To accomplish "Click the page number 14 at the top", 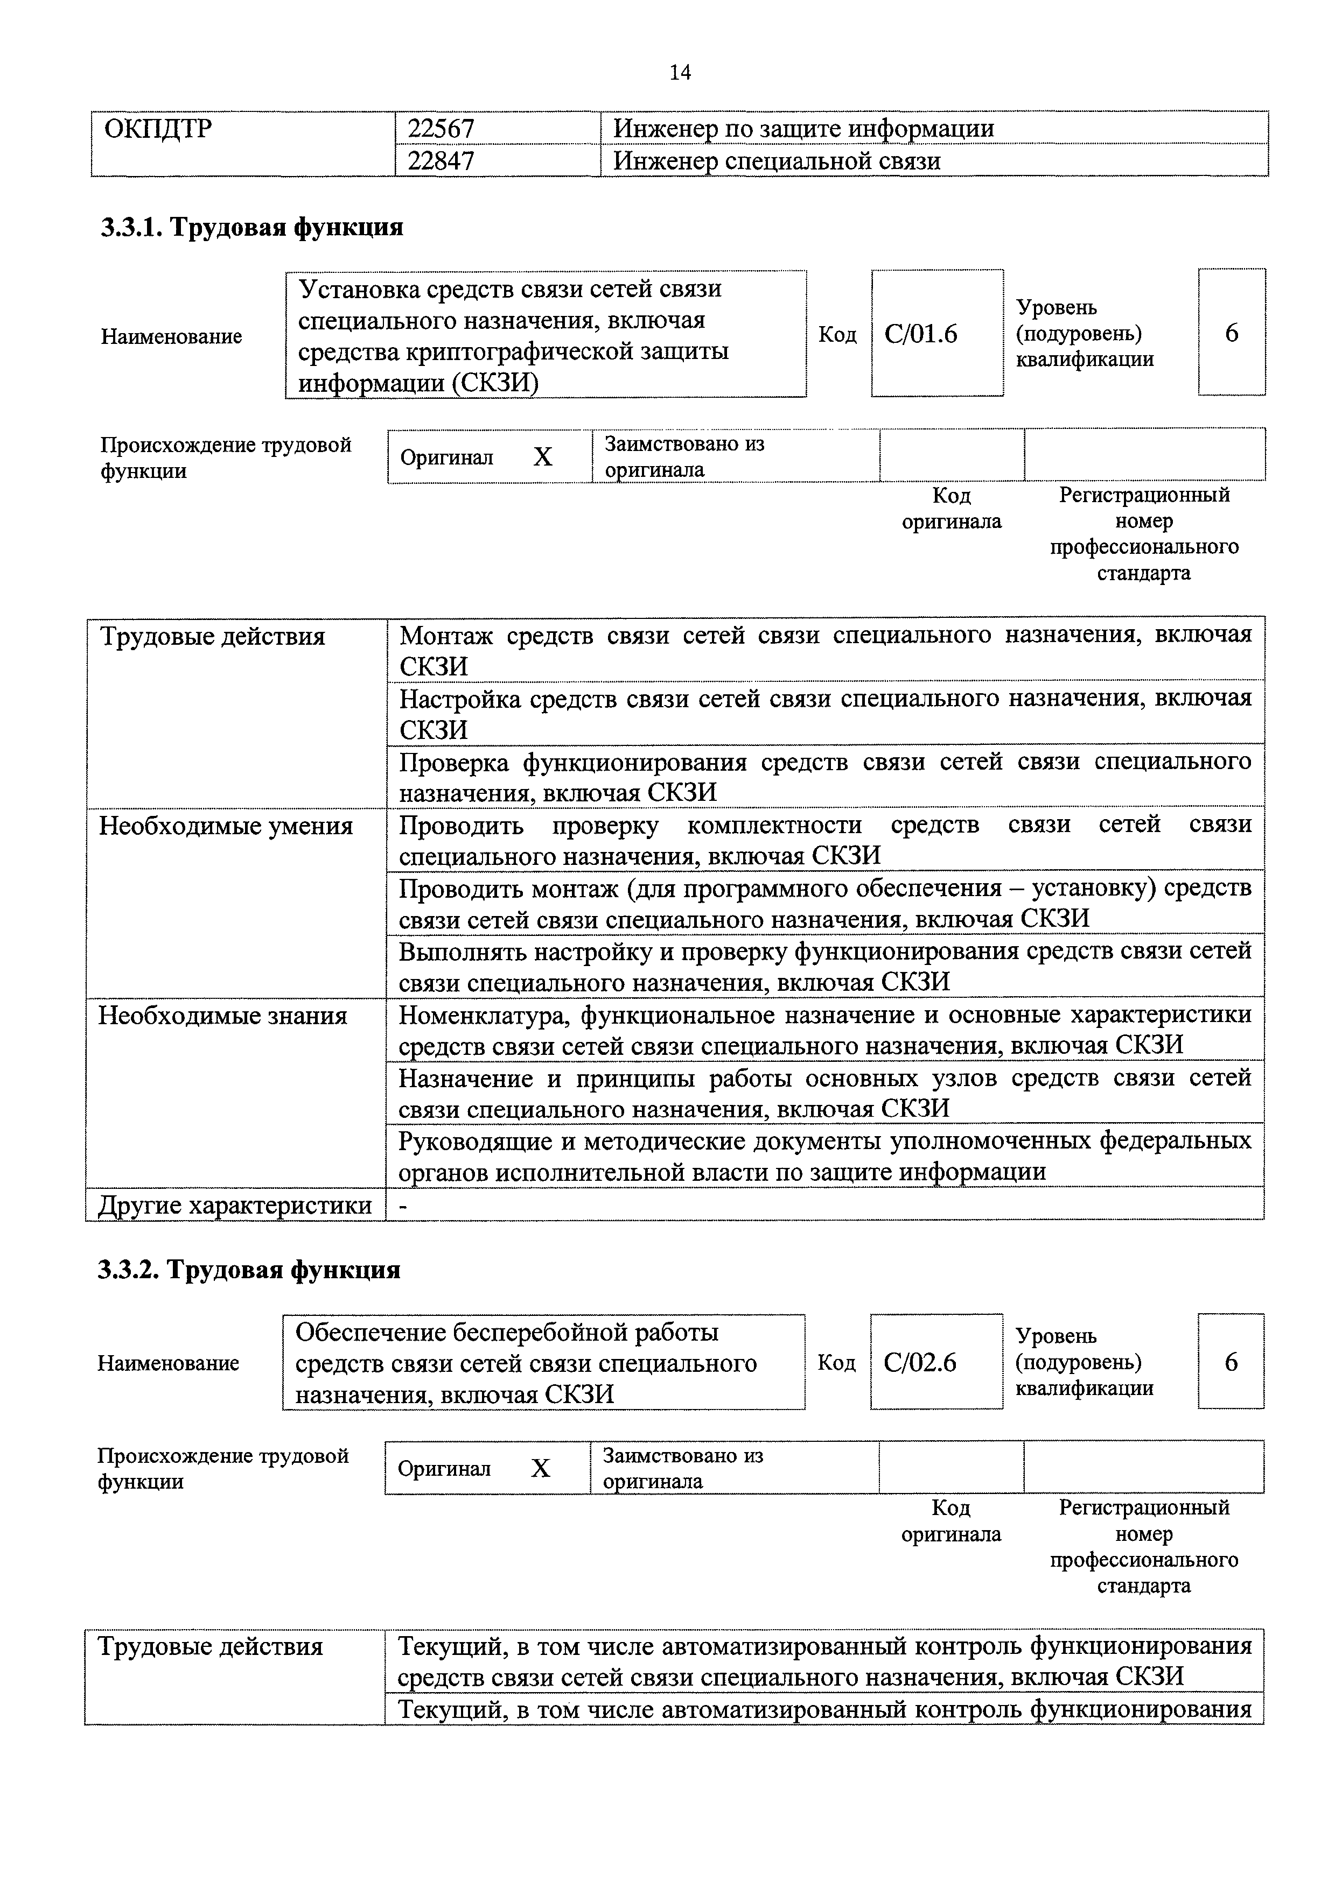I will point(680,73).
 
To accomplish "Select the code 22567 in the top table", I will point(441,128).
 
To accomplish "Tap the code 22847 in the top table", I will point(441,160).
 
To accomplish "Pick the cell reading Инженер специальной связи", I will point(777,160).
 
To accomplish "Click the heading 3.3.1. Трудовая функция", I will point(251,227).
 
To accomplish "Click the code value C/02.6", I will point(920,1363).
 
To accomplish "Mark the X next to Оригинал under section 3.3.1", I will point(542,457).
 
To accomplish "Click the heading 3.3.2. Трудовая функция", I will point(249,1271).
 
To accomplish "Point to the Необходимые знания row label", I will point(223,1016).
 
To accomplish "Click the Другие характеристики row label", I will point(234,1206).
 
